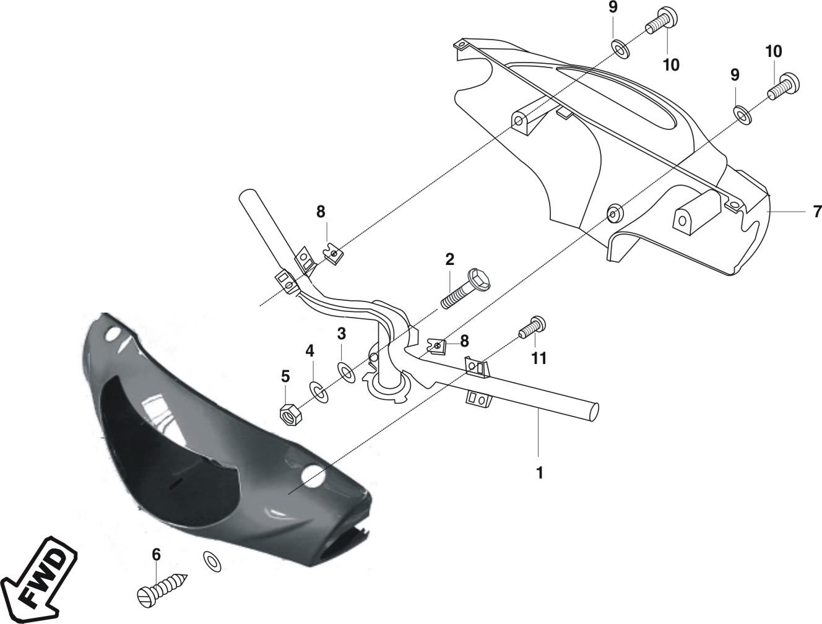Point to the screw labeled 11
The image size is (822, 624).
coord(532,327)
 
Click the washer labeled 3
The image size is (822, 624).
coord(346,373)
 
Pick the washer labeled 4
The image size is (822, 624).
coord(318,392)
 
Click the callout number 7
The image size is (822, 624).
coord(817,212)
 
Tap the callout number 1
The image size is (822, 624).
coord(539,473)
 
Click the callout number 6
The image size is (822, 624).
coord(156,554)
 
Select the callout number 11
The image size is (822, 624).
coord(539,358)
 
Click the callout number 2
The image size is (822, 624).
coord(449,259)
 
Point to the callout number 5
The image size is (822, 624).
coord(285,376)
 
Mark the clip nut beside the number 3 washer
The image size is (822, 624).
coord(436,347)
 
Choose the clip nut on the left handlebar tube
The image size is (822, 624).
coord(334,254)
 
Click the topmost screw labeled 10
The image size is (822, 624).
coord(662,20)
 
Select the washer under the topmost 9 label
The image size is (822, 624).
coord(620,50)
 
